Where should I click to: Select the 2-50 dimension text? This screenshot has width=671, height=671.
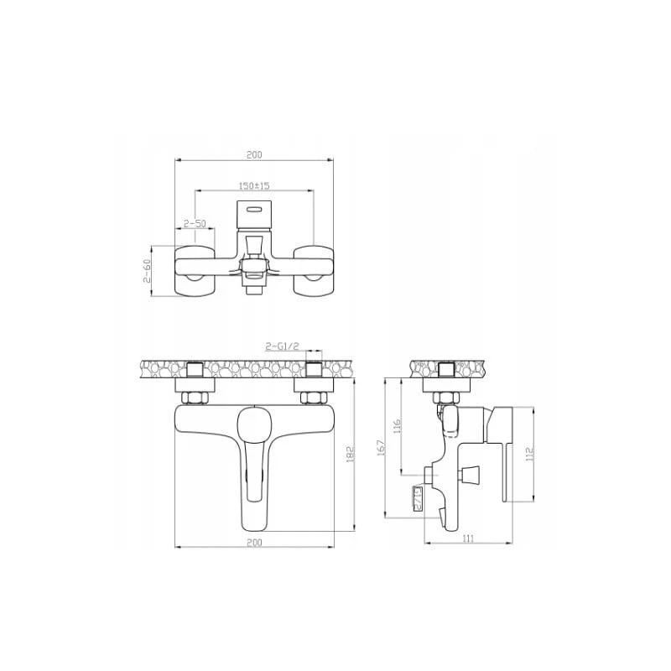point(195,223)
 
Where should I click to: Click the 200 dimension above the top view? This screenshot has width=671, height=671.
point(254,154)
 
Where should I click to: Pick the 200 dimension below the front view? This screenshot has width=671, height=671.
point(254,543)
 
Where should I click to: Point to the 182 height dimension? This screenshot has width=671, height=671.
point(351,453)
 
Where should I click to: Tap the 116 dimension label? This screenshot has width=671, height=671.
point(399,426)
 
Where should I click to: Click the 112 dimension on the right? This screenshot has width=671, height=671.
point(528,454)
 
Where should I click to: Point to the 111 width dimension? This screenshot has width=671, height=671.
point(468,539)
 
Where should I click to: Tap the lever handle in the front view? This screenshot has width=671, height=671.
point(254,453)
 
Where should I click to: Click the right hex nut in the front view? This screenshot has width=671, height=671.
point(315,397)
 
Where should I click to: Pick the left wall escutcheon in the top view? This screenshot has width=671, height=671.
point(195,270)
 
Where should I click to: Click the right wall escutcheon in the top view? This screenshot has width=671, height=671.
point(315,270)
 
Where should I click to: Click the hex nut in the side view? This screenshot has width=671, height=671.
point(445,396)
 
